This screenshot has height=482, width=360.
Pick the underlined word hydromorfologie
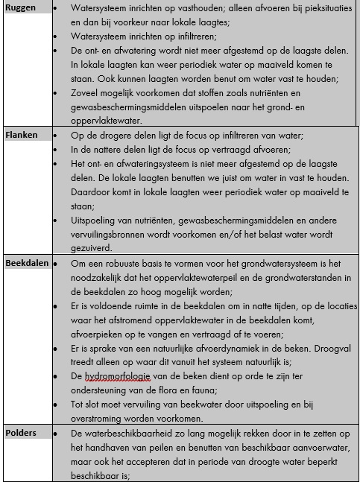[119, 376]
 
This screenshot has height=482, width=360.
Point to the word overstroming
[99, 419]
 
